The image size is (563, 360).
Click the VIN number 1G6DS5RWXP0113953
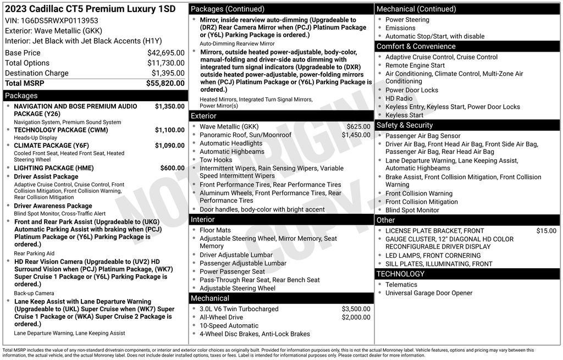click(x=59, y=20)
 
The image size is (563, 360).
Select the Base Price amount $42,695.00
click(x=165, y=53)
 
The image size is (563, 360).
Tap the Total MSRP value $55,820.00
click(x=165, y=84)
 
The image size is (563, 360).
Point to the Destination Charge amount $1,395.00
click(x=168, y=73)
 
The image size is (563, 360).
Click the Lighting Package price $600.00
click(x=172, y=168)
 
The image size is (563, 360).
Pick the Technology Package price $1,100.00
click(x=169, y=130)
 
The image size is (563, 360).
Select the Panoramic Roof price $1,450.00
click(x=356, y=135)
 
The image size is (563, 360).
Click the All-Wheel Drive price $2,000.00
click(x=356, y=318)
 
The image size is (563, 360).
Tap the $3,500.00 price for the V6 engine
click(x=356, y=309)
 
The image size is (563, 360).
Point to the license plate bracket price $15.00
click(x=546, y=231)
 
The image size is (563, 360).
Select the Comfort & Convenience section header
click(x=416, y=47)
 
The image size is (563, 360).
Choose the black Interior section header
click(x=203, y=220)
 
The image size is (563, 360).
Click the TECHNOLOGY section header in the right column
click(x=400, y=274)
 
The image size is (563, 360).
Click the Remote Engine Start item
click(x=415, y=65)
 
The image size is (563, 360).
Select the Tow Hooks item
click(x=217, y=160)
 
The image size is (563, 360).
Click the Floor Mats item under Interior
click(x=215, y=230)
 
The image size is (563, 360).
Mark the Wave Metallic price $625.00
click(x=358, y=127)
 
